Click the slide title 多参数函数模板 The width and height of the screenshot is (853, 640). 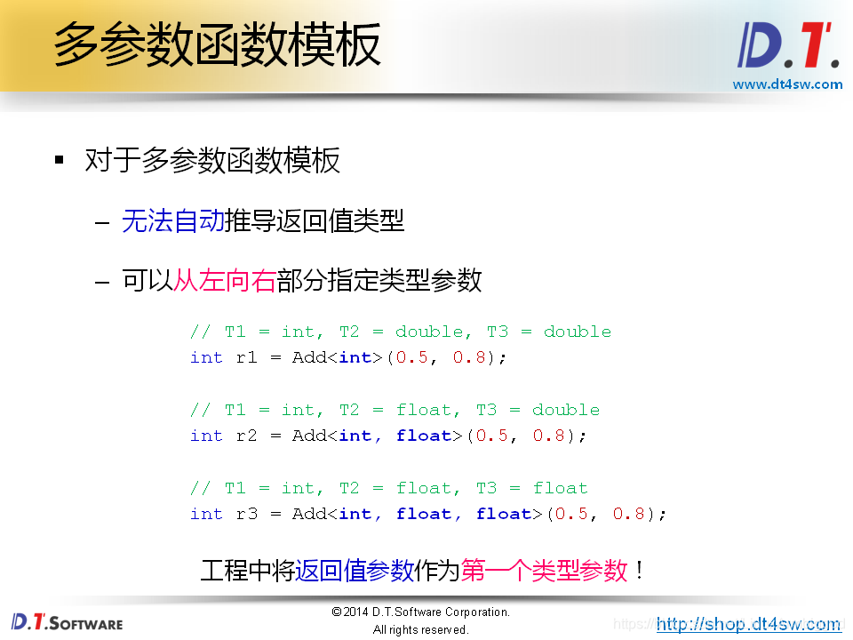coord(218,44)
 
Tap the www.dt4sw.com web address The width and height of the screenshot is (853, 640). coord(787,84)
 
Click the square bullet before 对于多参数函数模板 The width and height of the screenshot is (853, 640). coord(60,161)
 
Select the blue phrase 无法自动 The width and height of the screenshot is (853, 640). coord(173,220)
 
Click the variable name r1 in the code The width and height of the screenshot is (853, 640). coord(246,357)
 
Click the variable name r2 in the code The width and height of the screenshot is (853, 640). coord(246,436)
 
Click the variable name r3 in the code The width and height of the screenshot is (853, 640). coord(246,514)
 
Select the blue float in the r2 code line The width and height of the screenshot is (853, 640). coord(423,436)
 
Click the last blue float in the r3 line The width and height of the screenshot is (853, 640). coord(503,514)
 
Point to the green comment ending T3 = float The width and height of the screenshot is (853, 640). coord(388,488)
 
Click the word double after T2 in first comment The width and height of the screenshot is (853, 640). coord(430,332)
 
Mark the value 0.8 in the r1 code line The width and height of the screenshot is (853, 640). coord(470,357)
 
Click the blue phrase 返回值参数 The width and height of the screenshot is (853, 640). coord(355,570)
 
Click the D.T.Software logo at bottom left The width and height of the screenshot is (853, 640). coord(67,621)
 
